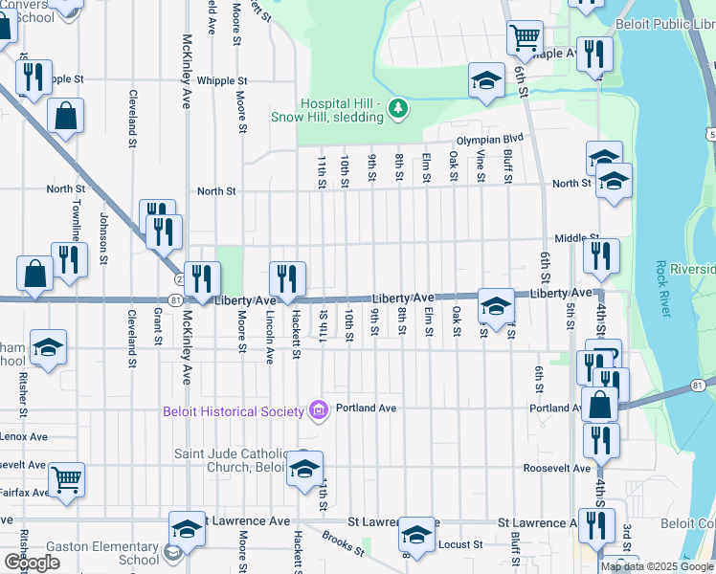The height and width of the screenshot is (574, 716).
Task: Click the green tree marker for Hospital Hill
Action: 399,110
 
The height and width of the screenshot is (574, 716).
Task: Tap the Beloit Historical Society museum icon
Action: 319,410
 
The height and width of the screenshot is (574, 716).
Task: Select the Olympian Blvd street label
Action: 491,140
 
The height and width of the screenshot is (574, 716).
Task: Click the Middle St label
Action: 576,238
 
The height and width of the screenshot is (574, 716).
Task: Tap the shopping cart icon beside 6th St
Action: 525,38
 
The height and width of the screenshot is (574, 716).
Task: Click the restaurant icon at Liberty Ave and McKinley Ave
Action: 201,278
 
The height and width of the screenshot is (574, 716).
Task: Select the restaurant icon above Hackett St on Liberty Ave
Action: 287,278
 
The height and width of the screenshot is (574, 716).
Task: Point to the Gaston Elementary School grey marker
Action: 171,552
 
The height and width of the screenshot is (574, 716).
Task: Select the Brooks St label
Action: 343,543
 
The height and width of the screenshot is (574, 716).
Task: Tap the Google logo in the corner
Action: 32,563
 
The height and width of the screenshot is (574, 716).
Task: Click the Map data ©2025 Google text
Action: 657,566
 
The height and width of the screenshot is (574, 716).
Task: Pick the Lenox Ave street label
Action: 23,436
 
